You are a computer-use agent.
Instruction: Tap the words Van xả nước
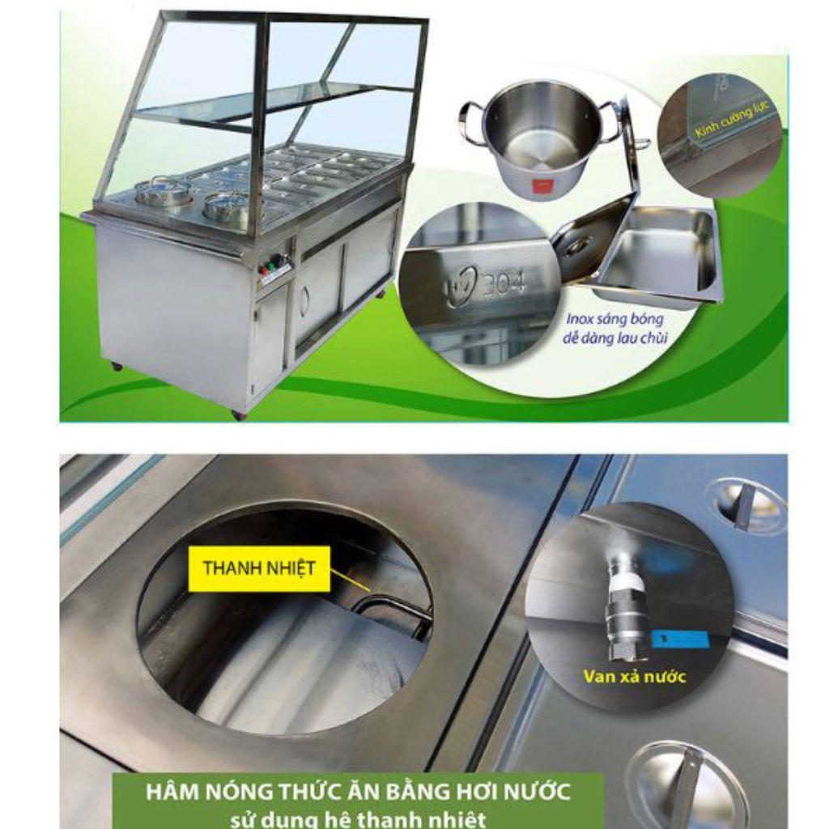click(x=634, y=677)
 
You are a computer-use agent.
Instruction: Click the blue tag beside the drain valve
click(x=678, y=636)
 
